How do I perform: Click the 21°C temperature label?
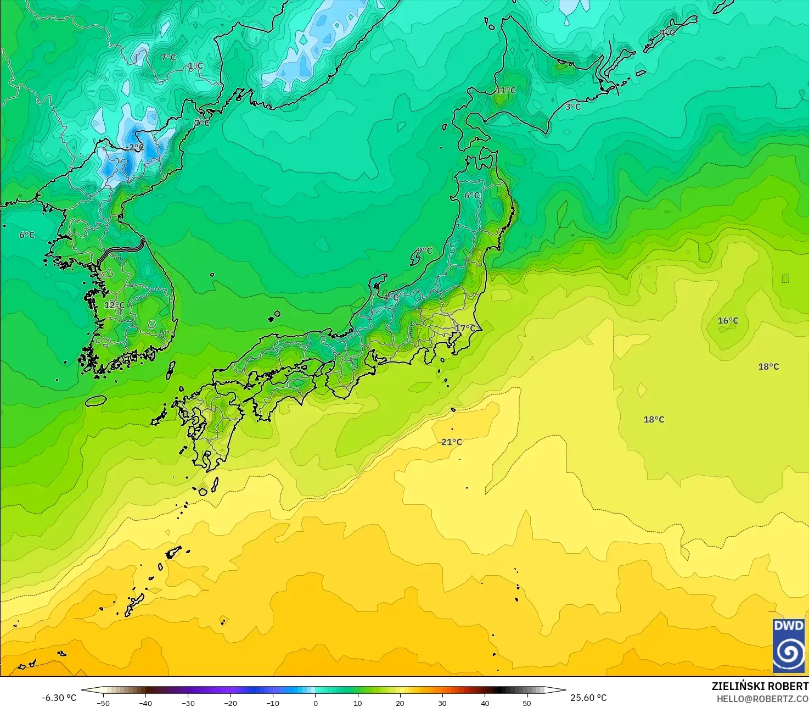click(x=452, y=442)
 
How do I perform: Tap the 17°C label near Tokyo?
click(x=465, y=329)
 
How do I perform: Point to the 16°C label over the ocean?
click(x=728, y=321)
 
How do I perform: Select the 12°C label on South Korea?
click(x=115, y=305)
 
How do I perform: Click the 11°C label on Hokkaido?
click(x=506, y=91)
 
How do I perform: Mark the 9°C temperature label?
click(x=424, y=251)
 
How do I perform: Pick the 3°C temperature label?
click(x=573, y=107)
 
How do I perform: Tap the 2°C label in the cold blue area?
click(x=137, y=147)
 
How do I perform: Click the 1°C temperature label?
click(x=195, y=66)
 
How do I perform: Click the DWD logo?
click(x=789, y=645)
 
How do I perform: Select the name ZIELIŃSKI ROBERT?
click(x=760, y=686)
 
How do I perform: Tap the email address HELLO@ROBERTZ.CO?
click(x=762, y=698)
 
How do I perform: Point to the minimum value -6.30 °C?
click(x=59, y=698)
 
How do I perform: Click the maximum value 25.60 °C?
click(x=588, y=698)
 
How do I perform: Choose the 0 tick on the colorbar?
click(x=315, y=703)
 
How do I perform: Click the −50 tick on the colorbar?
click(x=103, y=703)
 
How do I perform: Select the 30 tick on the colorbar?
click(x=442, y=703)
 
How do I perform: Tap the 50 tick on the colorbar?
click(x=527, y=703)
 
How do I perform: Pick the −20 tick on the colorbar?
click(x=230, y=703)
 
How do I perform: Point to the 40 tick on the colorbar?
click(x=485, y=703)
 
